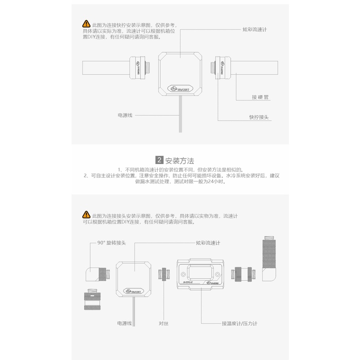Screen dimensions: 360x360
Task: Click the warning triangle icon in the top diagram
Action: coord(86,24)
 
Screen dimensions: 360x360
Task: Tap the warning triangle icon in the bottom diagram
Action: coord(86,215)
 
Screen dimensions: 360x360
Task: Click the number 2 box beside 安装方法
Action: coord(159,160)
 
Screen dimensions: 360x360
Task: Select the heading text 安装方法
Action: coord(180,161)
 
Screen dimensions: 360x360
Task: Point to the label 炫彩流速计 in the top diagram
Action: coord(255,29)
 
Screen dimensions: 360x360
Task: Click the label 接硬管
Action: coord(260,97)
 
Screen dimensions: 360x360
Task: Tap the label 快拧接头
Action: coord(259,117)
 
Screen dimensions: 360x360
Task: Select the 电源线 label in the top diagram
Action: coord(125,115)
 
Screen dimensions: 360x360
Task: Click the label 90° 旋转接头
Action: coord(112,243)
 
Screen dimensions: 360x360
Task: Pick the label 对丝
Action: coord(164,323)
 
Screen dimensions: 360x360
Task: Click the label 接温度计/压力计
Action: coord(239,323)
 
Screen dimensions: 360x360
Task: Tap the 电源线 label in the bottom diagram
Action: coord(124,323)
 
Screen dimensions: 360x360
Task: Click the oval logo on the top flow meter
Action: coord(180,88)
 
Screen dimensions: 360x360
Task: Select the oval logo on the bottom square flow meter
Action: coord(134,291)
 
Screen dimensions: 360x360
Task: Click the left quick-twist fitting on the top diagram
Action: coord(139,68)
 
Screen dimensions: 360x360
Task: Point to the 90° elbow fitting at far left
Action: coord(98,274)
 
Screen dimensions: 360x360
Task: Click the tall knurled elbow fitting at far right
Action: coord(269,258)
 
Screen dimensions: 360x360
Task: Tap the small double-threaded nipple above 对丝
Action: coord(164,274)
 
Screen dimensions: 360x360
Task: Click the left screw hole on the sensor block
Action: coord(183,274)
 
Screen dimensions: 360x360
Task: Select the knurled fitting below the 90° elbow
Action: coord(93,299)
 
